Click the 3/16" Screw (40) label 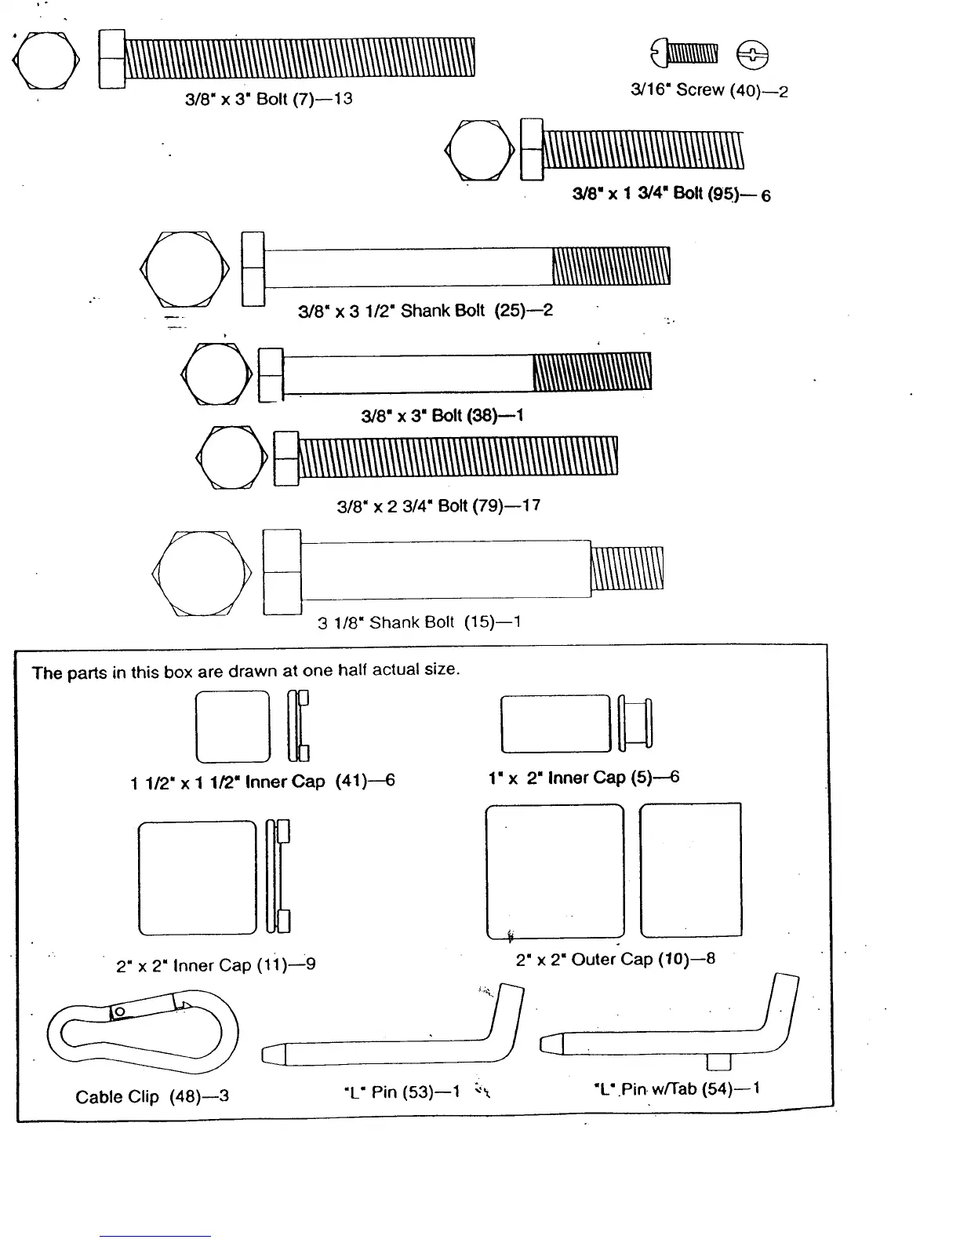coord(709,90)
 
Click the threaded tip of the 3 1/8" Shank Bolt coord(627,568)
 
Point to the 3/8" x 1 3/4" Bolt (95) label coord(671,194)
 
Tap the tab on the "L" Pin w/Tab coord(718,1062)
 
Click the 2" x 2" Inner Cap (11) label coord(216,964)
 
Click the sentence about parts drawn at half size coord(245,671)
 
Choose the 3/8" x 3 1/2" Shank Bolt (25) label coord(425,311)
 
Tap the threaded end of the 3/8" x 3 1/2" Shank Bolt coord(611,266)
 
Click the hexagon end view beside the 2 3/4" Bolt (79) coord(232,457)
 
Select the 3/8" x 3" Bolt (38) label coord(442,415)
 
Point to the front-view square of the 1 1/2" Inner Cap coord(232,726)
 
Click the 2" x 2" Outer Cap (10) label coord(615,959)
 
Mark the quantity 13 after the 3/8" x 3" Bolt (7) coord(342,99)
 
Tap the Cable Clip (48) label coord(152,1096)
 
